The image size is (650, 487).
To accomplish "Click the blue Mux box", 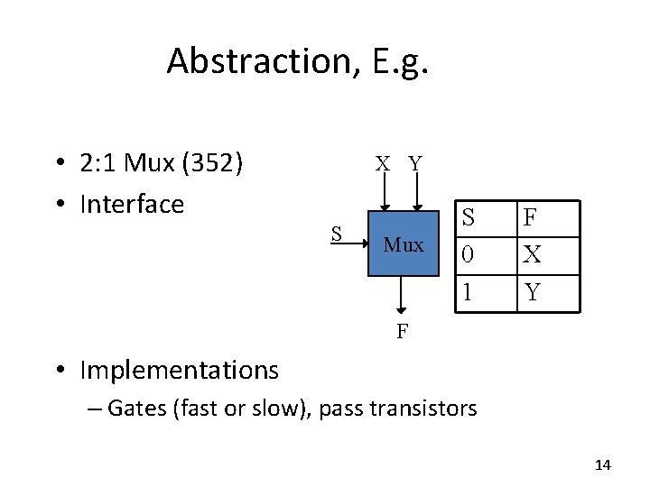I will pyautogui.click(x=403, y=243).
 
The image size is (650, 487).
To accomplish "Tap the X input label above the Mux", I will pyautogui.click(x=384, y=163).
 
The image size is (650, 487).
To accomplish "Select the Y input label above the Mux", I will pyautogui.click(x=415, y=163).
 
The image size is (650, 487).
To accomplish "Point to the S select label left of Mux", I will pyautogui.click(x=335, y=234).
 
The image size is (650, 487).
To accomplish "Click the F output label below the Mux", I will pyautogui.click(x=403, y=331).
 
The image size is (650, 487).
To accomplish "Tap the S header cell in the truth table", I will pyautogui.click(x=468, y=216).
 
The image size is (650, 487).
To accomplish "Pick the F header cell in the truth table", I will pyautogui.click(x=531, y=216).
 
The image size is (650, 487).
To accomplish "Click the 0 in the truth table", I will pyautogui.click(x=467, y=254).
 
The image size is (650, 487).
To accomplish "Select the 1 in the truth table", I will pyautogui.click(x=467, y=291).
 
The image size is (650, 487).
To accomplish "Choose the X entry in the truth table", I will pyautogui.click(x=533, y=254).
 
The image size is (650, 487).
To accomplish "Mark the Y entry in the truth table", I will pyautogui.click(x=533, y=291).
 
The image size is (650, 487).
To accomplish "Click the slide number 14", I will pyautogui.click(x=603, y=464).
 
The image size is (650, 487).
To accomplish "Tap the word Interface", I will pyautogui.click(x=132, y=204).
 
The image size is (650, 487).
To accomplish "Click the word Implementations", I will pyautogui.click(x=180, y=370).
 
